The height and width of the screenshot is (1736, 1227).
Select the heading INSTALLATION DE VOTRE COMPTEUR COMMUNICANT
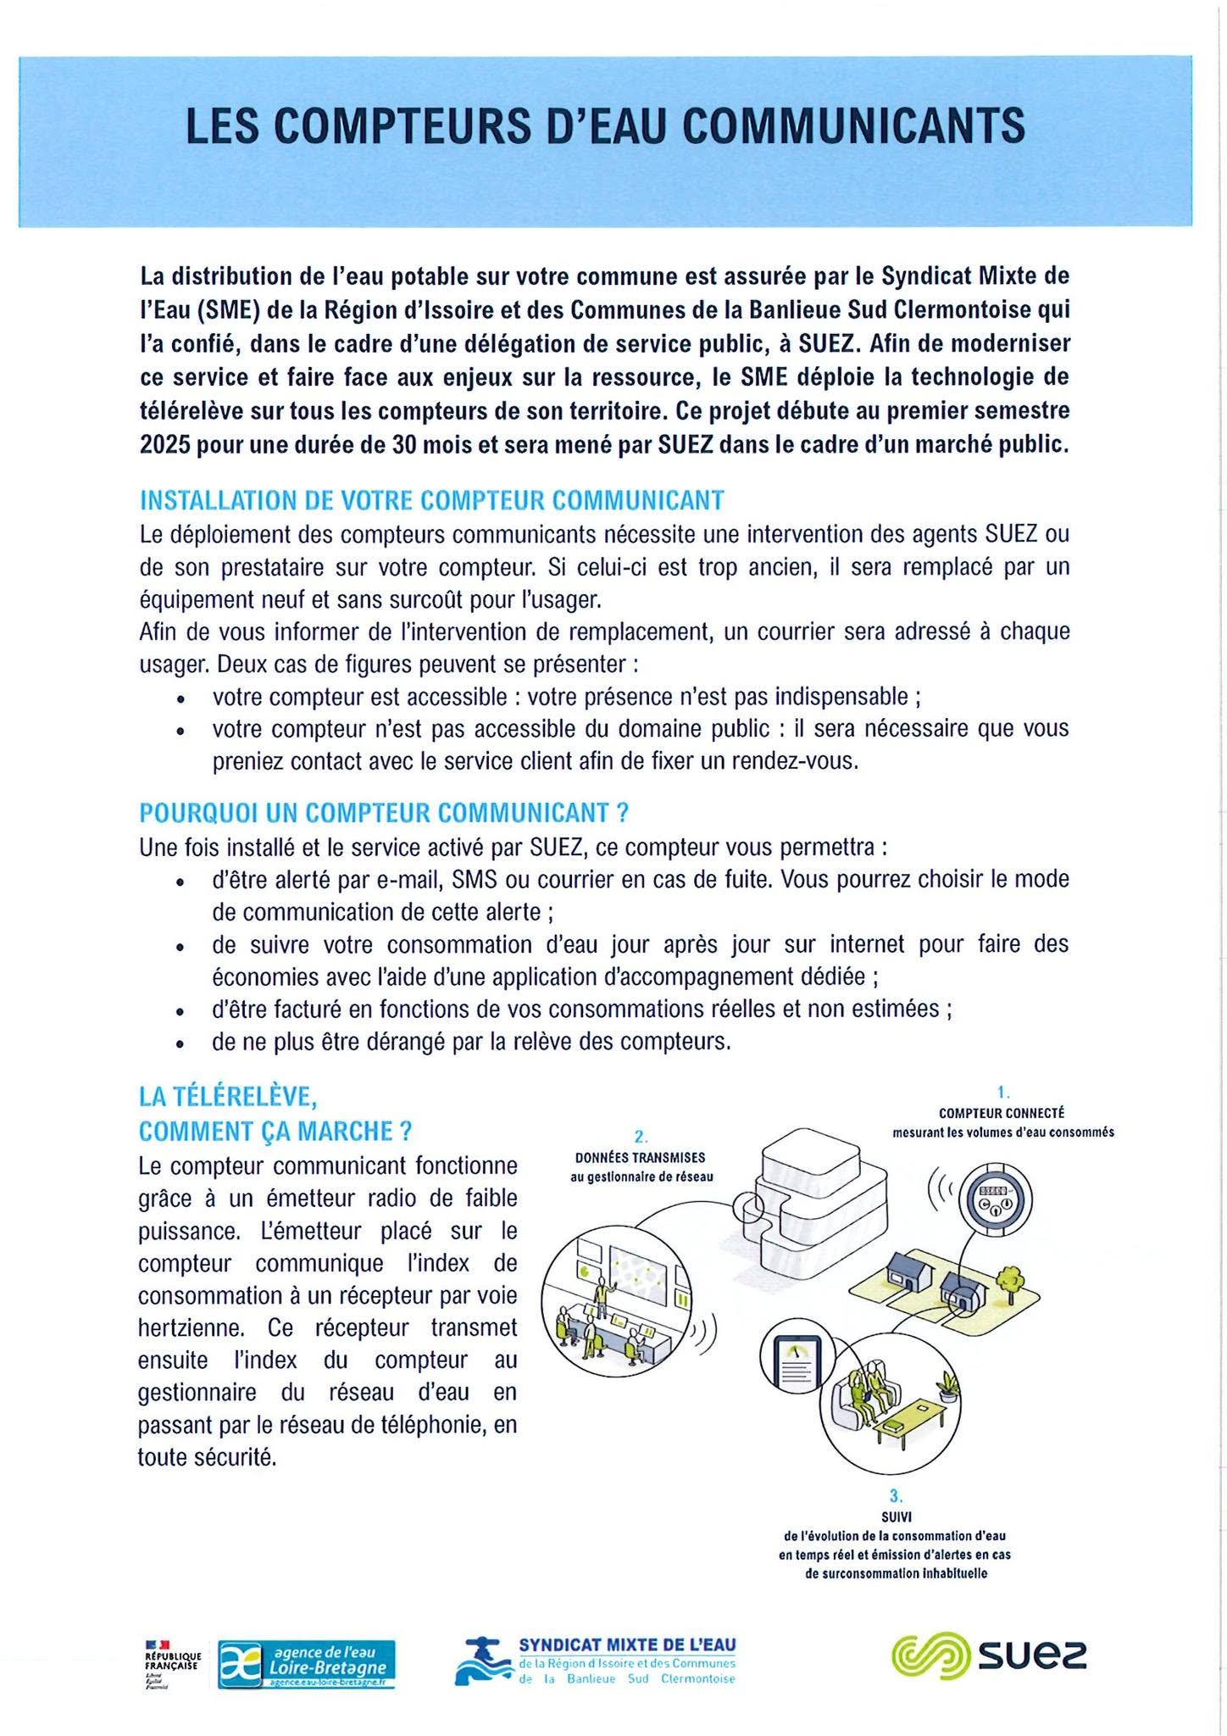point(431,500)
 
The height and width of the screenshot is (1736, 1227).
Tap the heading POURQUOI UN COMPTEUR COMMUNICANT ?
point(383,813)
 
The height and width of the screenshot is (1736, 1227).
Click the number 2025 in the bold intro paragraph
point(164,445)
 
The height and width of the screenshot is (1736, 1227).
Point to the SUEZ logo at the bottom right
point(988,1654)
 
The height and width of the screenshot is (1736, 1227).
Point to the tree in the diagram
point(1008,1279)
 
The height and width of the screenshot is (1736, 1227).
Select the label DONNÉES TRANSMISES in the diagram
point(640,1157)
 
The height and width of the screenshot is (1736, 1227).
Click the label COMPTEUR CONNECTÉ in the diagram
point(1002,1113)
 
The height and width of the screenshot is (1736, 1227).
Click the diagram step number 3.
point(895,1496)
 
